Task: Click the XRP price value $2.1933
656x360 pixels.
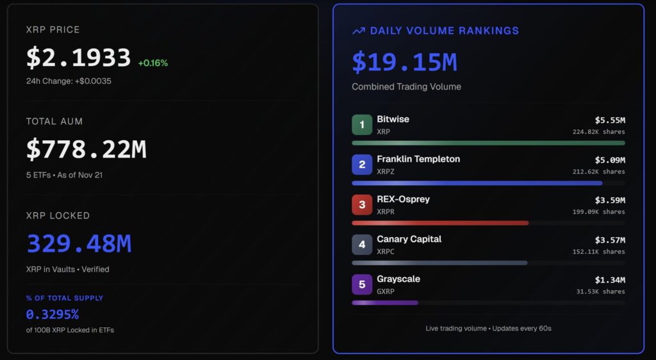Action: (x=78, y=58)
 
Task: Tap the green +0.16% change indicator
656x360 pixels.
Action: (x=152, y=63)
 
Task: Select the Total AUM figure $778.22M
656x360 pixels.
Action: (x=86, y=150)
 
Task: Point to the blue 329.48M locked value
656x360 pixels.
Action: (x=79, y=244)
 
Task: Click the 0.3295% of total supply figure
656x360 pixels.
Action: (x=53, y=315)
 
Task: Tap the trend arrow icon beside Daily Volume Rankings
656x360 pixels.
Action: (x=359, y=31)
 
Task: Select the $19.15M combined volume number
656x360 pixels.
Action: (x=404, y=62)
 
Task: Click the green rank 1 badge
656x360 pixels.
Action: (x=362, y=125)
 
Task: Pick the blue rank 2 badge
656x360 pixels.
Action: (x=362, y=165)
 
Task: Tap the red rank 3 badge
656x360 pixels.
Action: (x=362, y=205)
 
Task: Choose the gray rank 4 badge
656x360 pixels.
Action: (x=362, y=245)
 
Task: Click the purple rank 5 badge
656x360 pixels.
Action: (x=362, y=284)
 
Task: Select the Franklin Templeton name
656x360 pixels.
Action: (x=418, y=159)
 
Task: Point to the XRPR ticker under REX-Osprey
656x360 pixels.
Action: (x=386, y=211)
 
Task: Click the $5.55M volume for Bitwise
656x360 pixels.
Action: (x=610, y=120)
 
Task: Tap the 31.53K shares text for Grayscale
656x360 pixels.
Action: (x=600, y=291)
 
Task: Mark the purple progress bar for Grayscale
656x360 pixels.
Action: (x=385, y=302)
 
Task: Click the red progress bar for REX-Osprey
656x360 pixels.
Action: (x=440, y=223)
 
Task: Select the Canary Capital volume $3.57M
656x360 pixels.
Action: (x=610, y=240)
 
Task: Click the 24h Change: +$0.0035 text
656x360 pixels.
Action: (x=69, y=81)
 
